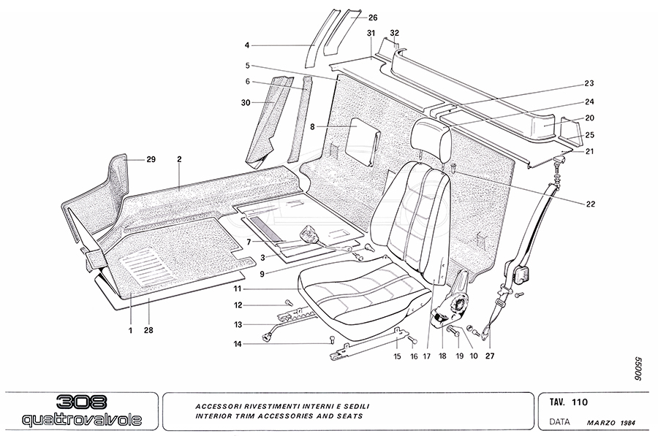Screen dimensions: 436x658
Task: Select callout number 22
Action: (x=590, y=204)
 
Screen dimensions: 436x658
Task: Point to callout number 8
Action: (x=312, y=126)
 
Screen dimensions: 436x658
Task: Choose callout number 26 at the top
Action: (x=372, y=18)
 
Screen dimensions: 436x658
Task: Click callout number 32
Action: (x=395, y=33)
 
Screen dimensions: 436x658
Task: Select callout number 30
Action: (x=246, y=102)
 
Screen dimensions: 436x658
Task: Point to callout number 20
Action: (x=589, y=118)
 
